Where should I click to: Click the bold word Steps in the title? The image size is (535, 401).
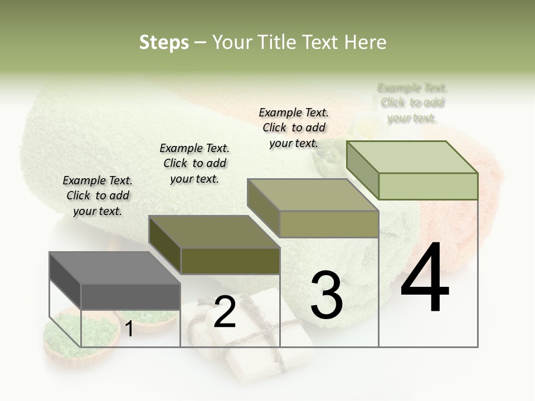coord(164,42)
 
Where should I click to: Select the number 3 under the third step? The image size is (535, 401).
coord(327,295)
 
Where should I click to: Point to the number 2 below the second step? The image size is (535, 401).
coord(225,312)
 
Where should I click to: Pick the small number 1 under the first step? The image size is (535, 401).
coord(129,329)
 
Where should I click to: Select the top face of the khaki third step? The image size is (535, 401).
coord(313,195)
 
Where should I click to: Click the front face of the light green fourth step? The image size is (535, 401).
coord(428,186)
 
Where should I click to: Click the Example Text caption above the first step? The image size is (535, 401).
coord(98,195)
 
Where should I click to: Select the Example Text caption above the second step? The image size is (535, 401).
coord(194,163)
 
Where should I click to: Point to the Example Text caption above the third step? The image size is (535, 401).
coord(294,128)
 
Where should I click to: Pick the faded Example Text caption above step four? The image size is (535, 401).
coord(412,102)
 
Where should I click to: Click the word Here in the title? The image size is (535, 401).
coord(366,42)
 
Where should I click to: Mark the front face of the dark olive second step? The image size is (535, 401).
coord(230,261)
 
